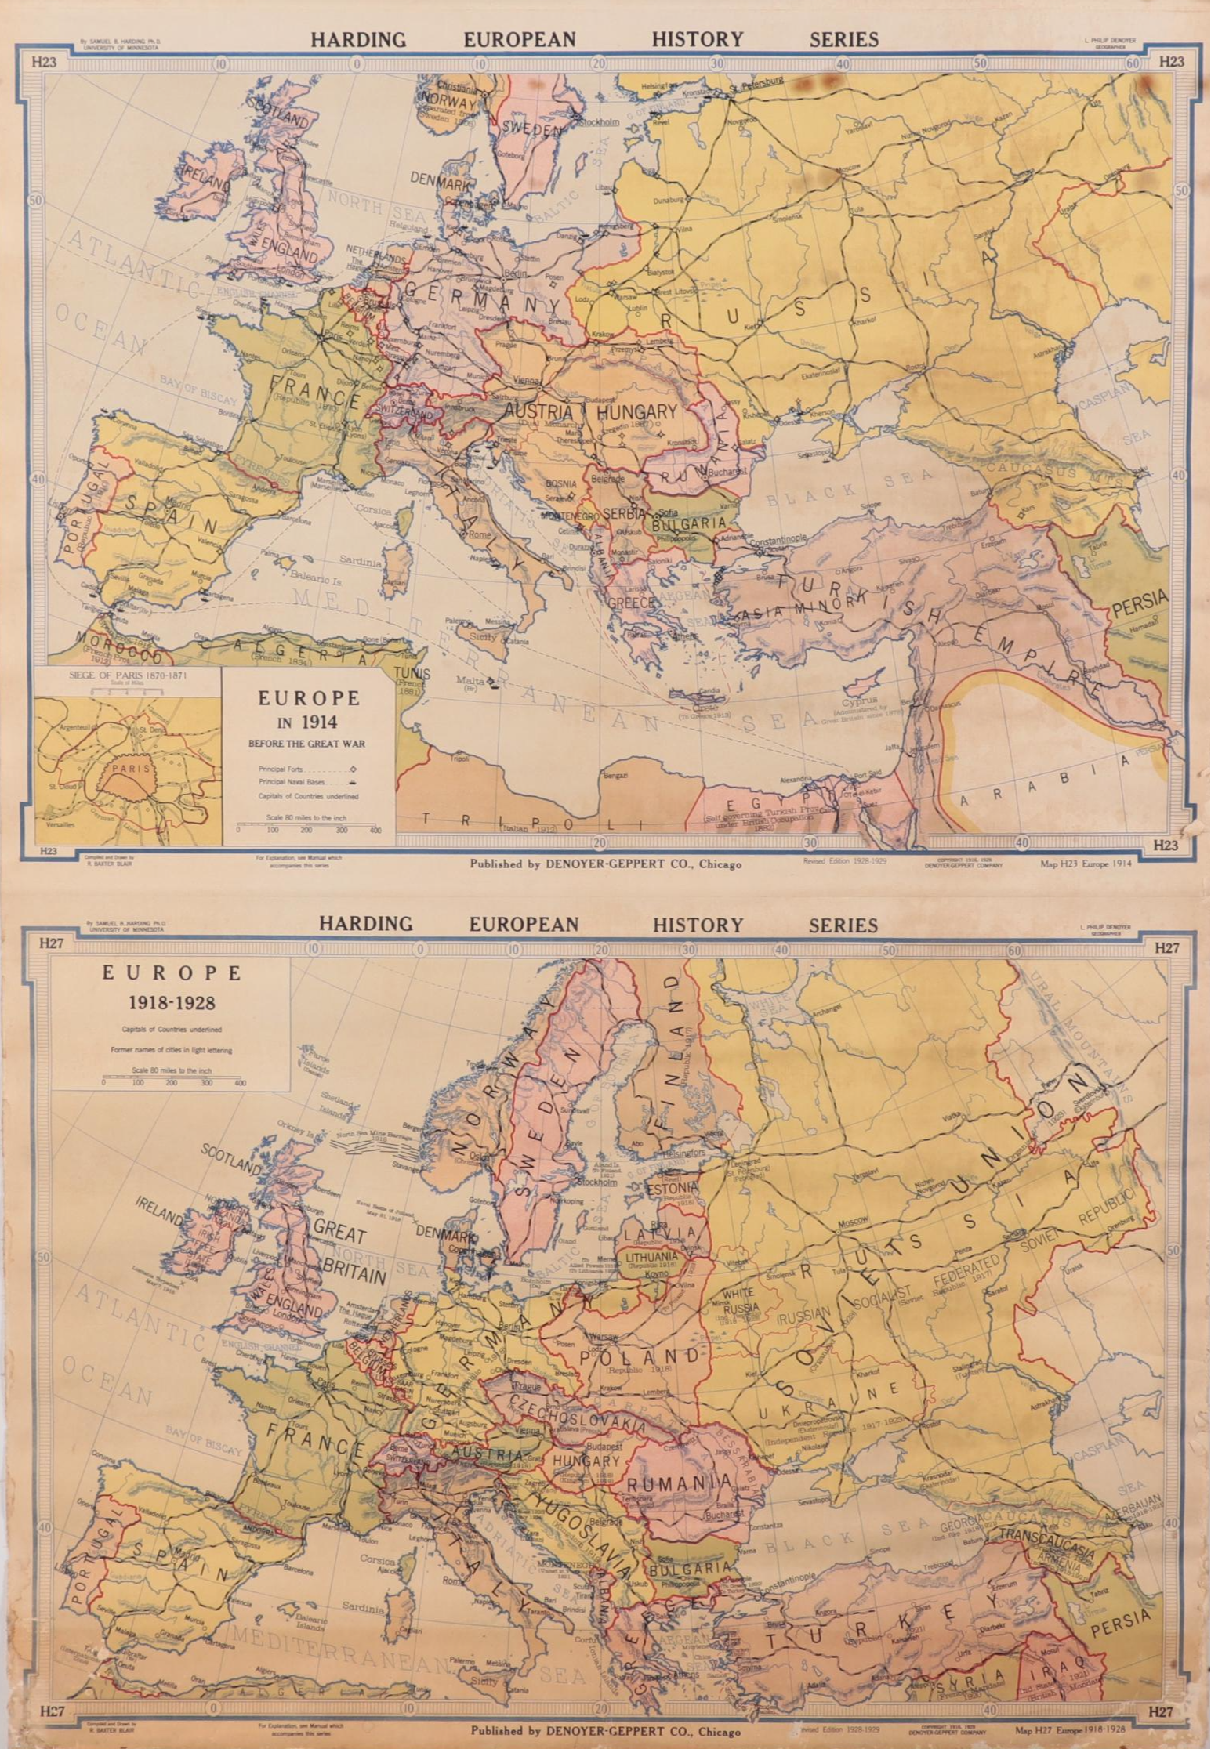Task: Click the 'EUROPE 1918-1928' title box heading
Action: coord(171,986)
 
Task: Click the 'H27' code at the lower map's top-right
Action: coord(1167,947)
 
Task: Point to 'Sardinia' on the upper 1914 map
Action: coord(361,562)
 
